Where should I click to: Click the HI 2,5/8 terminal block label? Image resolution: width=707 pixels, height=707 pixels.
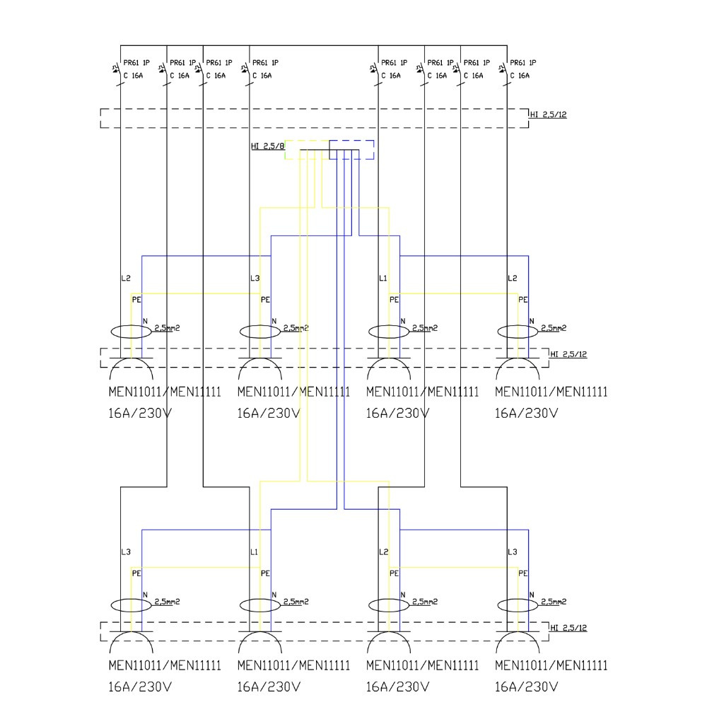pyautogui.click(x=267, y=147)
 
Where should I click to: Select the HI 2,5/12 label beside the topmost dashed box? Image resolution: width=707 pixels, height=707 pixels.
pyautogui.click(x=548, y=115)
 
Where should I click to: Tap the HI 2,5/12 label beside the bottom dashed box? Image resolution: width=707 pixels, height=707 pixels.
pyautogui.click(x=568, y=628)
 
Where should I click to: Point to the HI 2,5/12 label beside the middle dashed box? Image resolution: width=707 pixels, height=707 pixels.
pyautogui.click(x=568, y=354)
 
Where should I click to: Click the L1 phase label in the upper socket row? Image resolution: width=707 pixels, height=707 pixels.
pyautogui.click(x=383, y=279)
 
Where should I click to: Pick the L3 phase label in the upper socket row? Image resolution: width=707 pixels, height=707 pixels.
pyautogui.click(x=255, y=279)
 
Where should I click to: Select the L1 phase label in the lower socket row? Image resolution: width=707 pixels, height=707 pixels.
pyautogui.click(x=255, y=551)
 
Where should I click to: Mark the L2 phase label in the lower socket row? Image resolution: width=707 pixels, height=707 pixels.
pyautogui.click(x=384, y=551)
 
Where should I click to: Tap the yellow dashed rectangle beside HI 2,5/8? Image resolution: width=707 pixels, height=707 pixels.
pyautogui.click(x=307, y=149)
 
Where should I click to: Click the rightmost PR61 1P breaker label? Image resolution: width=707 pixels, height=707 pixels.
pyautogui.click(x=522, y=63)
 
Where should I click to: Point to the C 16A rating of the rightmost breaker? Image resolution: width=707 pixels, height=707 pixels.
pyautogui.click(x=519, y=76)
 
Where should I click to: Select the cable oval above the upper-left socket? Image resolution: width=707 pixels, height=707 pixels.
pyautogui.click(x=132, y=331)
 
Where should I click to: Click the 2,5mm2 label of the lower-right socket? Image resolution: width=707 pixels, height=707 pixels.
pyautogui.click(x=554, y=602)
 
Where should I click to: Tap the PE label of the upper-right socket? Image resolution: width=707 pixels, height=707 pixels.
pyautogui.click(x=523, y=300)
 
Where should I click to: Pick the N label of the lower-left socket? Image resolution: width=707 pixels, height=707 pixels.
pyautogui.click(x=145, y=595)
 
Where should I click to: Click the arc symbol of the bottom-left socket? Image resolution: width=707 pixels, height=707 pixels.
pyautogui.click(x=132, y=643)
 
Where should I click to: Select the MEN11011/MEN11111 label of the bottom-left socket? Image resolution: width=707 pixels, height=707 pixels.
pyautogui.click(x=164, y=665)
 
